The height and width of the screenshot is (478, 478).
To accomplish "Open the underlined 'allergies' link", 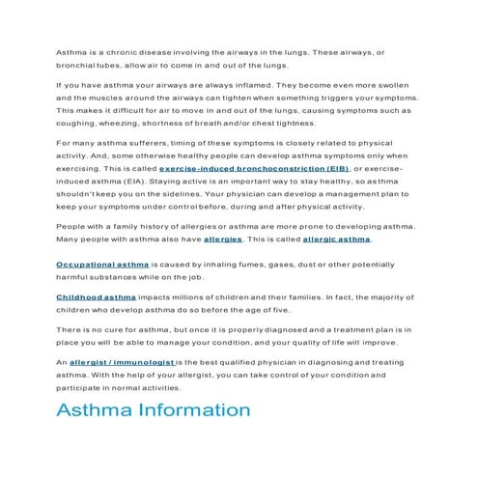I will pos(223,239).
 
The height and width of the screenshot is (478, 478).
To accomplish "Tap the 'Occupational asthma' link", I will pos(94,263).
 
